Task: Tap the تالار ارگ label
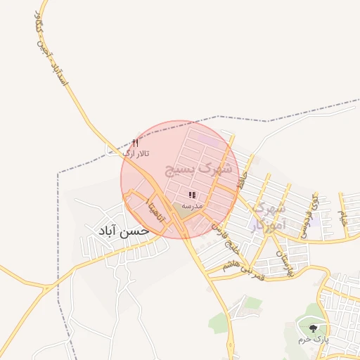tap(136, 153)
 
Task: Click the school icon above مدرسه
tap(192, 195)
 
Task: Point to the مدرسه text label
tap(192, 205)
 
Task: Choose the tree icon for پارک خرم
tap(313, 327)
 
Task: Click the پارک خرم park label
tap(313, 339)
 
